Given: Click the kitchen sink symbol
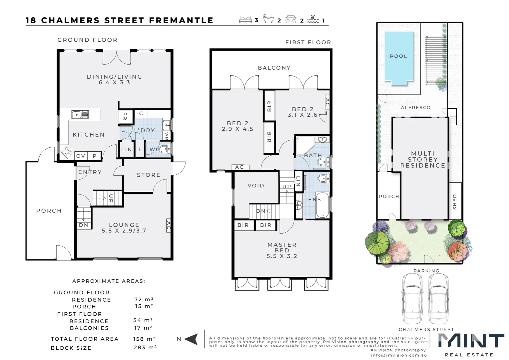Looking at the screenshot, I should [80, 115].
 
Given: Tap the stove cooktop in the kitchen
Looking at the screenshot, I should [66, 152].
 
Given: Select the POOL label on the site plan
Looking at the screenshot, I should [398, 56].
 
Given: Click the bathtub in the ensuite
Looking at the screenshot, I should [322, 205].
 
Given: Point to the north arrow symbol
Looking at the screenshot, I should [191, 339].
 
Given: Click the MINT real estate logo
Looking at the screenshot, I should [470, 341].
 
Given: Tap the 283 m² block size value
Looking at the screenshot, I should [145, 347].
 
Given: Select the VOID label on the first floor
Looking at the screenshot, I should [255, 186].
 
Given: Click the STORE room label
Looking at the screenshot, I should [148, 175].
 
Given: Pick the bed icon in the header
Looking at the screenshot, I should [246, 20].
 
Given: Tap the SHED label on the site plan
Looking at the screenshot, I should [455, 202].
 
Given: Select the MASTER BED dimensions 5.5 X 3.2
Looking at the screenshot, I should [281, 256].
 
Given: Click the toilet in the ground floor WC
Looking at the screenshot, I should [164, 149].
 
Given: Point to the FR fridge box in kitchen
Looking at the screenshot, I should [125, 116].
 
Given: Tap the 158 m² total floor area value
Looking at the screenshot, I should [144, 339].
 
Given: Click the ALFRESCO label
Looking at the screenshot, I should [415, 108].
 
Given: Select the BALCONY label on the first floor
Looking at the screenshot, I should [274, 68].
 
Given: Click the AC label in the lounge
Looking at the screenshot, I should [168, 226].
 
